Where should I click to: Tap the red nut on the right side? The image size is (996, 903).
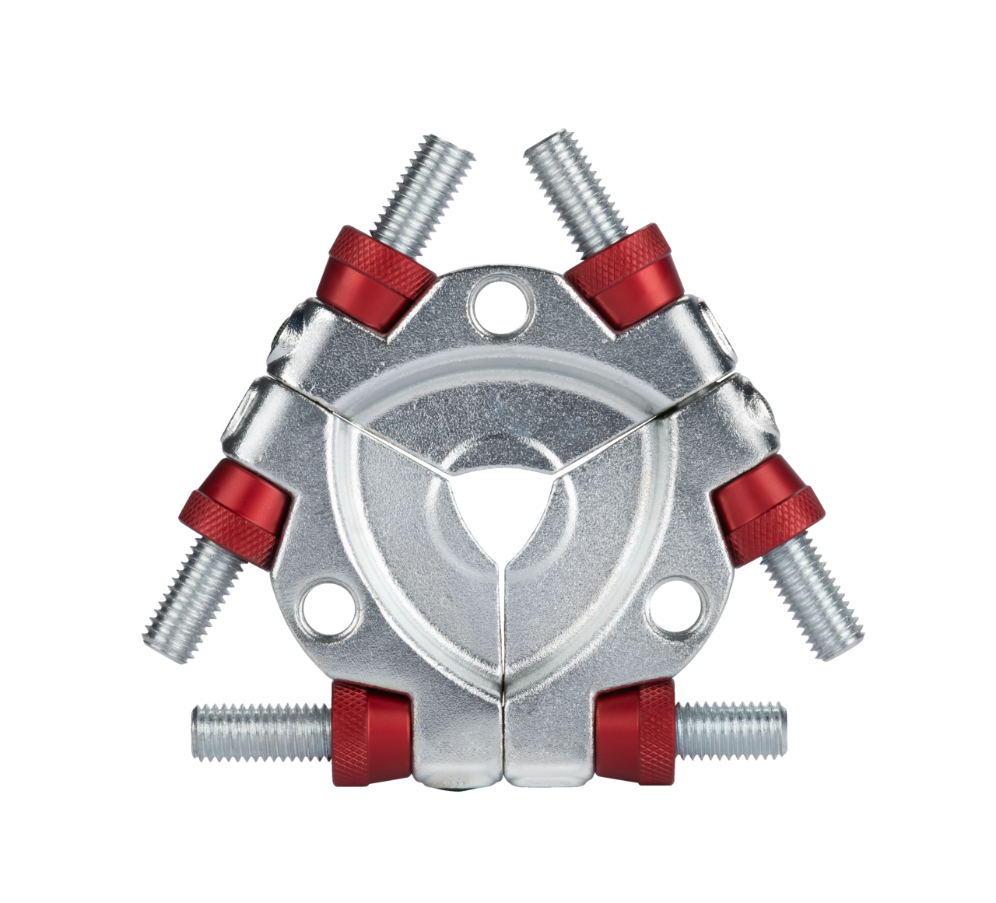[x=768, y=506]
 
